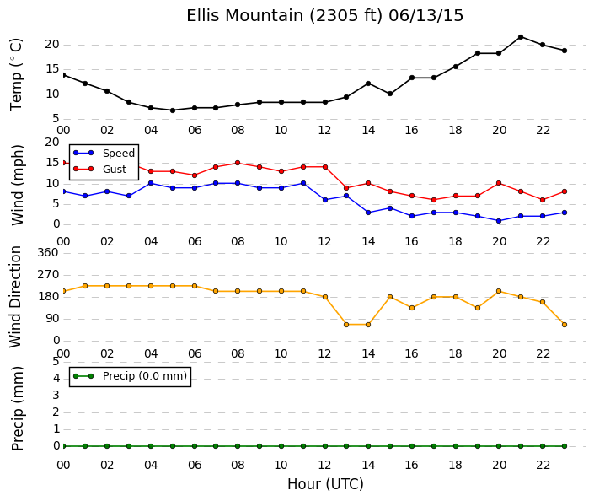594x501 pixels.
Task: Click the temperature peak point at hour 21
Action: (x=521, y=37)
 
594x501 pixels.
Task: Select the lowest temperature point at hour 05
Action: (x=173, y=110)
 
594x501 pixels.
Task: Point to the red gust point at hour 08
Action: (x=238, y=163)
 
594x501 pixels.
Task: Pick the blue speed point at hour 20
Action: (x=499, y=221)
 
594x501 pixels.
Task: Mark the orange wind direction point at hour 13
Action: (x=346, y=325)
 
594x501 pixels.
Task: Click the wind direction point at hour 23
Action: (x=564, y=325)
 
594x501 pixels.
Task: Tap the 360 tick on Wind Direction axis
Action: (x=48, y=252)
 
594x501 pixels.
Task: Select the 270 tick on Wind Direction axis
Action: (x=48, y=275)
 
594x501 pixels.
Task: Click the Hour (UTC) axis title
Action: (x=325, y=484)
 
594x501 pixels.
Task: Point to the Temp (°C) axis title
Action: (x=16, y=75)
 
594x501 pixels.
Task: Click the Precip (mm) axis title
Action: (x=17, y=408)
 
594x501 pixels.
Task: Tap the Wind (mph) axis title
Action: (x=18, y=185)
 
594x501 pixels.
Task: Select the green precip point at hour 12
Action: (x=324, y=446)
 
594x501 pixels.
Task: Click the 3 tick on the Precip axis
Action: (x=56, y=396)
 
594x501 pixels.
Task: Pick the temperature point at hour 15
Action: (x=390, y=94)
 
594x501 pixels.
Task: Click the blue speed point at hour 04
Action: (x=151, y=183)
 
